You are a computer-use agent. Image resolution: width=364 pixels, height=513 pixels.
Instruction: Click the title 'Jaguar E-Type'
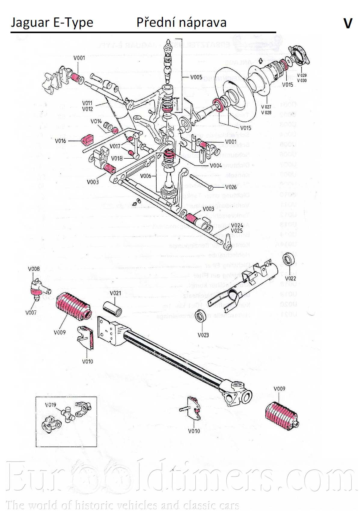click(52, 23)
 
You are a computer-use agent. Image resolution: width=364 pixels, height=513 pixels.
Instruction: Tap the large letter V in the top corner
click(348, 23)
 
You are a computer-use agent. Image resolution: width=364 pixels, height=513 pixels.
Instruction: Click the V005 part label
click(196, 77)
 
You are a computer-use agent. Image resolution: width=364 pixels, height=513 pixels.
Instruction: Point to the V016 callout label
click(60, 141)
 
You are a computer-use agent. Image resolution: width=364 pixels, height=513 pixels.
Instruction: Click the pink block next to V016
click(87, 140)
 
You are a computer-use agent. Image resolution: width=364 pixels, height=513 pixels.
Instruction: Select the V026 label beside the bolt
click(231, 187)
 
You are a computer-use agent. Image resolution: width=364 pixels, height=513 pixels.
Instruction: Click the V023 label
click(203, 335)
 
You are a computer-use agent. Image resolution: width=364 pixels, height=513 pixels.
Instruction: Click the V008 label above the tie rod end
click(34, 269)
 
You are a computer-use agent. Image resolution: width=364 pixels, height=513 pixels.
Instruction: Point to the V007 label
click(31, 312)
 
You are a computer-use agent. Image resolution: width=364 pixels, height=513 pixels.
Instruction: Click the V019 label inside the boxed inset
click(50, 405)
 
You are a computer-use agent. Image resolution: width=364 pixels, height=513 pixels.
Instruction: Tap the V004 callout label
click(216, 165)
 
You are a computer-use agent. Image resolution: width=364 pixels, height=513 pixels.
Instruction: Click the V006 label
click(145, 176)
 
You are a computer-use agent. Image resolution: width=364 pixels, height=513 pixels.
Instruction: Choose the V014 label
click(96, 121)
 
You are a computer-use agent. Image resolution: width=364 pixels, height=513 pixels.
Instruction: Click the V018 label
click(117, 158)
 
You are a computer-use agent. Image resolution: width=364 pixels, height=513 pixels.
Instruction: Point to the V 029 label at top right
click(302, 75)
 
